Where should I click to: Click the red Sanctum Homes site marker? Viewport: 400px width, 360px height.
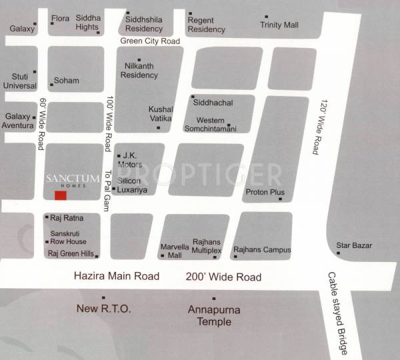tap(61, 195)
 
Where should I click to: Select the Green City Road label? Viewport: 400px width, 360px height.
tap(150, 41)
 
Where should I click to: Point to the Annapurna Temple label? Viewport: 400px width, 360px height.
tap(214, 316)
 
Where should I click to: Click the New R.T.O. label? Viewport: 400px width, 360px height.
tap(104, 309)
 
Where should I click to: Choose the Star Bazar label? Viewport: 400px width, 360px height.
tap(353, 246)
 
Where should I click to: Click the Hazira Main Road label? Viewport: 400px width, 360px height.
tap(117, 276)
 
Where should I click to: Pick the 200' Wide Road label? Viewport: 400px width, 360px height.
tap(223, 277)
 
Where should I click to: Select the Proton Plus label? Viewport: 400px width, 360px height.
tap(265, 193)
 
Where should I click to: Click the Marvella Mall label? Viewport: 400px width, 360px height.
tap(171, 251)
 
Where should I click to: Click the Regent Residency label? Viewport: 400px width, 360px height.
tap(206, 25)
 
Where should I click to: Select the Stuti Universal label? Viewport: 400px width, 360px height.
tap(19, 81)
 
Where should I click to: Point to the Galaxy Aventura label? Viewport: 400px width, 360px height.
tap(18, 121)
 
